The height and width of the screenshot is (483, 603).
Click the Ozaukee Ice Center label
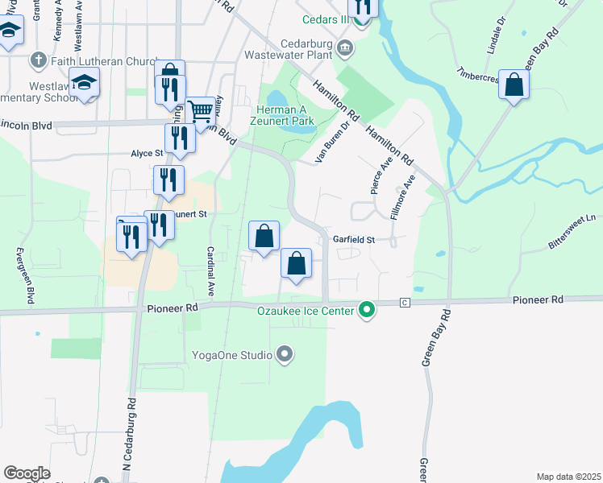307,310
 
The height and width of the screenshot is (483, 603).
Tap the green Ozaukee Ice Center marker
367,309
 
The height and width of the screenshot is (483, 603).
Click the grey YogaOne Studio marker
284,354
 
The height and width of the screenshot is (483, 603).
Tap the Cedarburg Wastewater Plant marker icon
345,49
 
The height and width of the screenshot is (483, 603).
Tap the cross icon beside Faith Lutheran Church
38,60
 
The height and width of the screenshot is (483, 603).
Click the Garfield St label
355,240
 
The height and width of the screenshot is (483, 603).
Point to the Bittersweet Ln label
579,218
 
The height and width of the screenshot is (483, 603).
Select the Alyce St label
147,152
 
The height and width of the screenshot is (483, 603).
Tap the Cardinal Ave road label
210,271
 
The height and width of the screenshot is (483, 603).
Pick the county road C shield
405,302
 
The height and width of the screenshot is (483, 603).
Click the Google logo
27,473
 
